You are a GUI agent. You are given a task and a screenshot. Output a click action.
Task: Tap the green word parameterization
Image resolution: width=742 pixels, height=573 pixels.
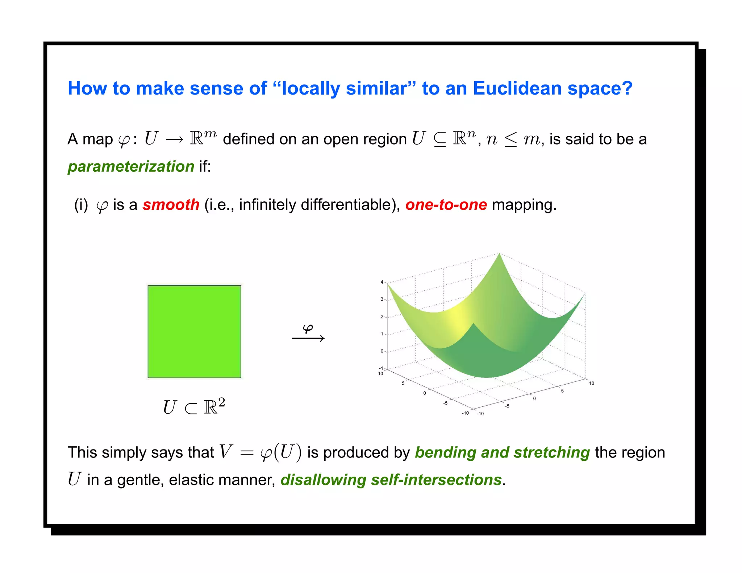(131, 167)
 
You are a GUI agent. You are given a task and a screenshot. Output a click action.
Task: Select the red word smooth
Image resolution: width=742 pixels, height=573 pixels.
(171, 205)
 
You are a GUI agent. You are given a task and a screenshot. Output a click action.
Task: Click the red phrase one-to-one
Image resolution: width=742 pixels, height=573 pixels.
(446, 205)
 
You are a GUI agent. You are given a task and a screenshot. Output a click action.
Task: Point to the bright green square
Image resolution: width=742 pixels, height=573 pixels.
(194, 331)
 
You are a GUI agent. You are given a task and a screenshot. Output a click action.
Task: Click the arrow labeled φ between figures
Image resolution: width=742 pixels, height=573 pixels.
(308, 338)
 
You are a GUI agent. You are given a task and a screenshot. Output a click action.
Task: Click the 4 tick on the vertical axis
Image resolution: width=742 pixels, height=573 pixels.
(382, 282)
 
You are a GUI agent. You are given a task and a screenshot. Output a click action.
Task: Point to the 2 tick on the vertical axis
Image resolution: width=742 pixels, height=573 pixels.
(382, 317)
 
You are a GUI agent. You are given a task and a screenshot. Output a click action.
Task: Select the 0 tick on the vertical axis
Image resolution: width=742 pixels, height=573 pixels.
(382, 351)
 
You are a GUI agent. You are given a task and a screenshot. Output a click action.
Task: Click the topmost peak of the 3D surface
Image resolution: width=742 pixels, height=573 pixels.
(499, 255)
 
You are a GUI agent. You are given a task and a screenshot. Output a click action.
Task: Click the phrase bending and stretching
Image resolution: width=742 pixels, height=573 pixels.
(502, 453)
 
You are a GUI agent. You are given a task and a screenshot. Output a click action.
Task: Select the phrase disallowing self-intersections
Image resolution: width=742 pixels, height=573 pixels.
(391, 480)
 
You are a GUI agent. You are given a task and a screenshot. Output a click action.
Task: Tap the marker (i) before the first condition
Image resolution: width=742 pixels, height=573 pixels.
(81, 205)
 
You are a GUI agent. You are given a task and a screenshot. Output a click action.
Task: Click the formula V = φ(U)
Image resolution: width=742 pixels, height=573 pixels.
(260, 453)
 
